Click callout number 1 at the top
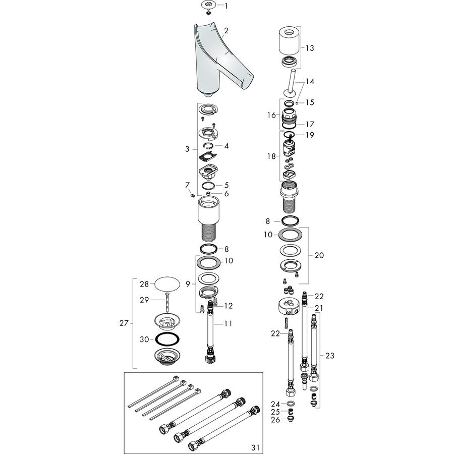click(226, 6)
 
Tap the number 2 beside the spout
click(226, 30)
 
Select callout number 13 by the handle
click(310, 48)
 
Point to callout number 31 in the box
click(255, 447)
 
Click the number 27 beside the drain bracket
click(124, 323)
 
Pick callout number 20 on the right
click(319, 255)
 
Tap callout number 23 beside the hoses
click(330, 356)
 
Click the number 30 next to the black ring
click(144, 339)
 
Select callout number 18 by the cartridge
click(271, 156)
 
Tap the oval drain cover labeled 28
click(167, 283)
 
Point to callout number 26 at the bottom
click(275, 420)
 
